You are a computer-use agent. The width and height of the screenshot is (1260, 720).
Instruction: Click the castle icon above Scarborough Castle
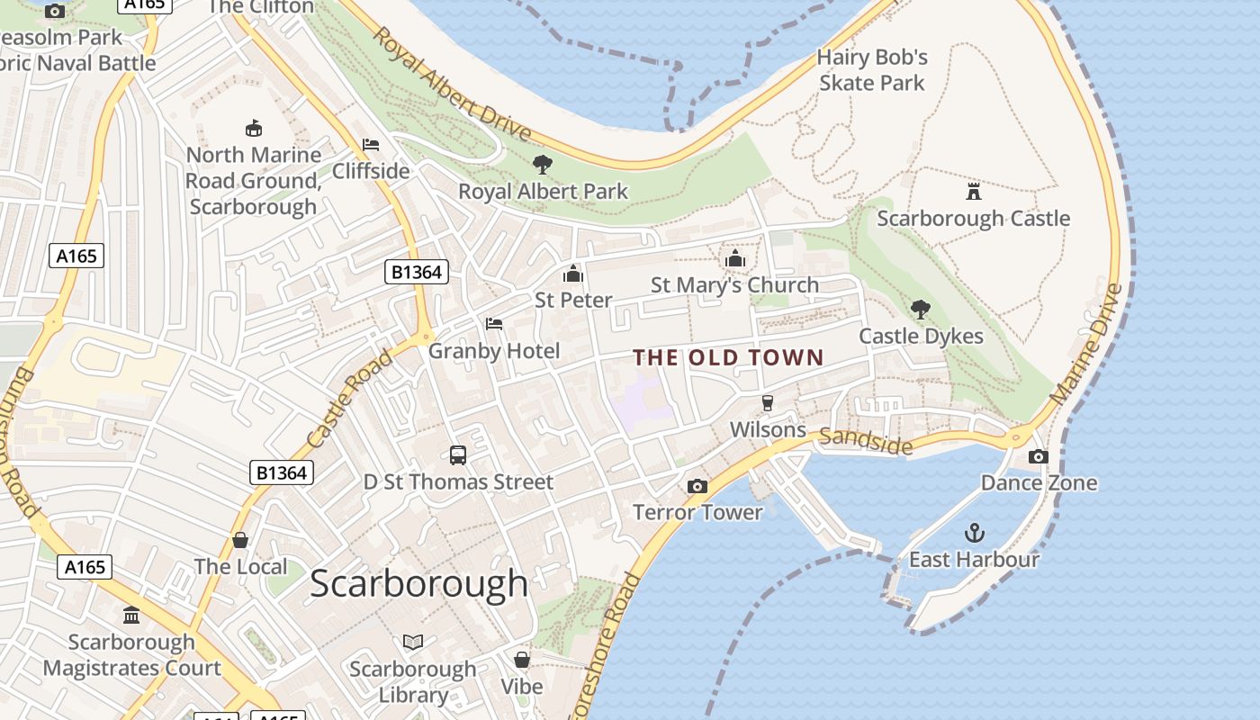coord(973,191)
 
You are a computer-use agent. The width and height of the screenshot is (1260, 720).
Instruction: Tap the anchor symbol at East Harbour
coord(974,533)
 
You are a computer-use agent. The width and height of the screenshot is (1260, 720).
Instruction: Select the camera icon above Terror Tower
coord(697,486)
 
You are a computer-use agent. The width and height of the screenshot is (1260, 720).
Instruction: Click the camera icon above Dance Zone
coord(1038,456)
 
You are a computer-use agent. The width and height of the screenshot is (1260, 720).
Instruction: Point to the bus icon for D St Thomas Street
coord(458,455)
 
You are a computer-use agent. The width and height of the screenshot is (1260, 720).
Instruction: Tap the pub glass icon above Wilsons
coord(768,403)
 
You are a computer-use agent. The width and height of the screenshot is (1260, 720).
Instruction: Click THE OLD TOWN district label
coord(728,357)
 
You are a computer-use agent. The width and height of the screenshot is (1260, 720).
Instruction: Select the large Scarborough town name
coord(418,583)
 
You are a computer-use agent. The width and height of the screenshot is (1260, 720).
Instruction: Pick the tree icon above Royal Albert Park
coord(542,165)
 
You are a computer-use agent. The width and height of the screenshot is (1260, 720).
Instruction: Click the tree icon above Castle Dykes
coord(920,310)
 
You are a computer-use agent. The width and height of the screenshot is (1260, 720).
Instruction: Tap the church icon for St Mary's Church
coord(735,259)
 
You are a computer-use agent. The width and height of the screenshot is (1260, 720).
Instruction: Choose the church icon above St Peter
coord(573,274)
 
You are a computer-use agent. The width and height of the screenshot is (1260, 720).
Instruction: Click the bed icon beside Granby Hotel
coord(494,324)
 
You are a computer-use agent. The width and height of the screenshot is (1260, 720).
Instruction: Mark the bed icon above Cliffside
coord(370,144)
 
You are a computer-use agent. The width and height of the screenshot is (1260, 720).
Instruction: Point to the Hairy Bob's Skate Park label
coord(871,70)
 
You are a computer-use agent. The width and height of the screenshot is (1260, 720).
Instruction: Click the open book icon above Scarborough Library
coord(413,643)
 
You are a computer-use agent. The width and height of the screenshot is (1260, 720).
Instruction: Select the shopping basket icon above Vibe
coord(522,660)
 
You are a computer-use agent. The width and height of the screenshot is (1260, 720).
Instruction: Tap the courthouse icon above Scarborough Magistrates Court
coord(131,616)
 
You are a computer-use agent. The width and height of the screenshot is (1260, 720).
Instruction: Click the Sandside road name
coord(865,441)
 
